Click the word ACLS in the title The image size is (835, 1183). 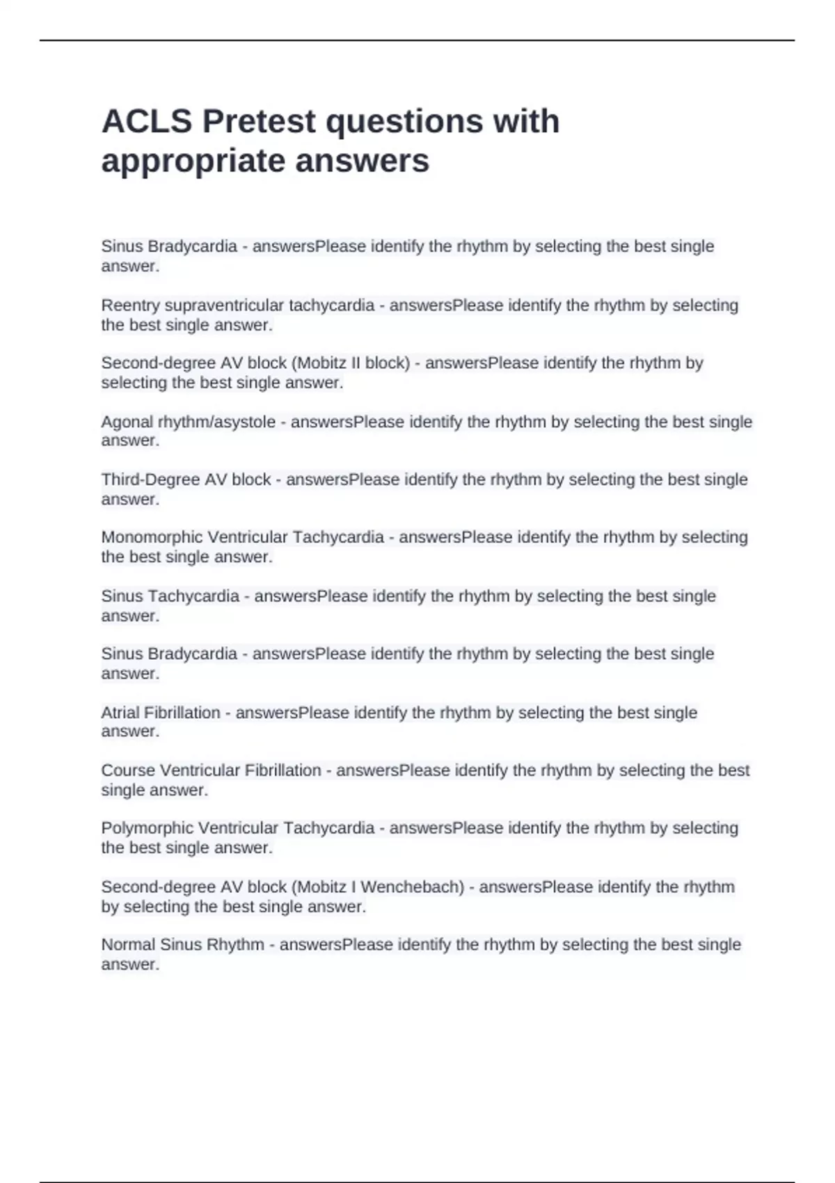pos(146,121)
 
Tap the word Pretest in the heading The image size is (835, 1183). pos(259,121)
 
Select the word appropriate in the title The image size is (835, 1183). pos(193,161)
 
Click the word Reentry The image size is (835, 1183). pos(130,305)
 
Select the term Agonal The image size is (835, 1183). pos(127,422)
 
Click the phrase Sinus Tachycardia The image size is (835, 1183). pos(170,596)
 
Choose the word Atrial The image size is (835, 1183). pos(120,713)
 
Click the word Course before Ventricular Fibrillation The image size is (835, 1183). pos(128,770)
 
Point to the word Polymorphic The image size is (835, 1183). pos(148,828)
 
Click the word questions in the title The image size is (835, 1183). pos(404,121)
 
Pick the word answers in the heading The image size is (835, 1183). pos(362,161)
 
